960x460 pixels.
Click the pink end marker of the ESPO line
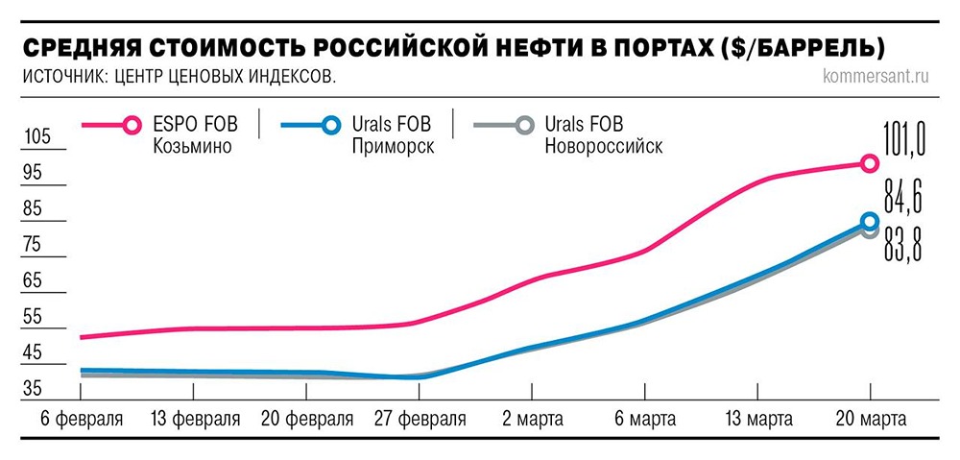[869, 163]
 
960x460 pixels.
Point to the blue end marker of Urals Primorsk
[870, 222]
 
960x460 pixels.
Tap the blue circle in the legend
[331, 125]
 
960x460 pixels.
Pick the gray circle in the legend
[524, 125]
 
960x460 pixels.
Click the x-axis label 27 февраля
[419, 420]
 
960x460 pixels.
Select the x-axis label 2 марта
[531, 420]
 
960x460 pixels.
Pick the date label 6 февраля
[82, 420]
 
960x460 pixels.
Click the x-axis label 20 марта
[870, 420]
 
